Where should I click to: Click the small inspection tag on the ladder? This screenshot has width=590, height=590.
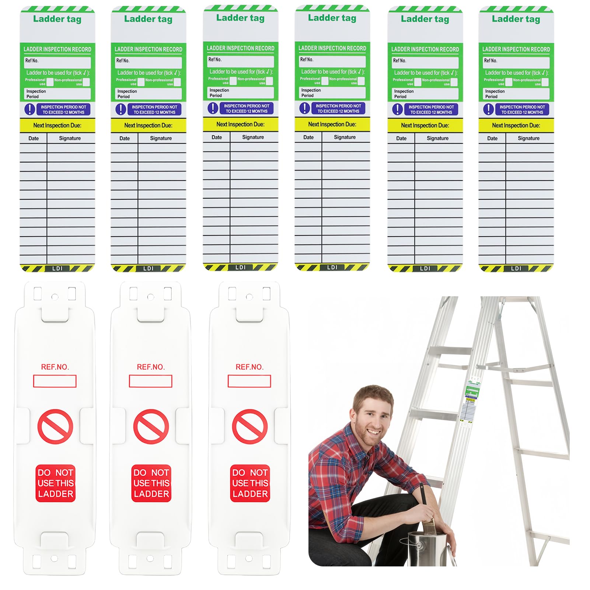(x=470, y=402)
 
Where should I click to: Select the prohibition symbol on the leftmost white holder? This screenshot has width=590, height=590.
(x=55, y=427)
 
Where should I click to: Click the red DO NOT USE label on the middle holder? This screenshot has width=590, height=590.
(x=151, y=483)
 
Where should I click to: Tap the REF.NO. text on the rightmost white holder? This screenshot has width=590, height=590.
(x=249, y=367)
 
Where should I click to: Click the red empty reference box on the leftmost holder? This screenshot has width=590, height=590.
(x=55, y=381)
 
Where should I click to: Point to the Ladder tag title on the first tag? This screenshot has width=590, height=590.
(x=57, y=19)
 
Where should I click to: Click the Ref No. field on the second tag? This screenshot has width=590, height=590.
(x=149, y=62)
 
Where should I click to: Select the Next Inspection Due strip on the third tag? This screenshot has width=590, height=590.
(x=240, y=124)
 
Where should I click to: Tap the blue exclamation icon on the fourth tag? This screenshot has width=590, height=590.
(x=304, y=108)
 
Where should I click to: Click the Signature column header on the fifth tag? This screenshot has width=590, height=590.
(x=437, y=138)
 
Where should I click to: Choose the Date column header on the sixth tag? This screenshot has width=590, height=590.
(x=492, y=138)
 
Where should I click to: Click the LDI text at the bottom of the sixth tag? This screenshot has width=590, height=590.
(x=516, y=268)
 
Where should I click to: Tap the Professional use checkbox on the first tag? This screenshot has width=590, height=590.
(x=50, y=82)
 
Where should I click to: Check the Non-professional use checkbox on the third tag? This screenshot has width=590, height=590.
(x=269, y=81)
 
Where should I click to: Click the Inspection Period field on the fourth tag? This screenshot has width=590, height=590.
(x=332, y=92)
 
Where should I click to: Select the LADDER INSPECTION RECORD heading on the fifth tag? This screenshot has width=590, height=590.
(x=425, y=49)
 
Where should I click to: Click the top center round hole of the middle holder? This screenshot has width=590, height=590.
(x=150, y=297)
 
